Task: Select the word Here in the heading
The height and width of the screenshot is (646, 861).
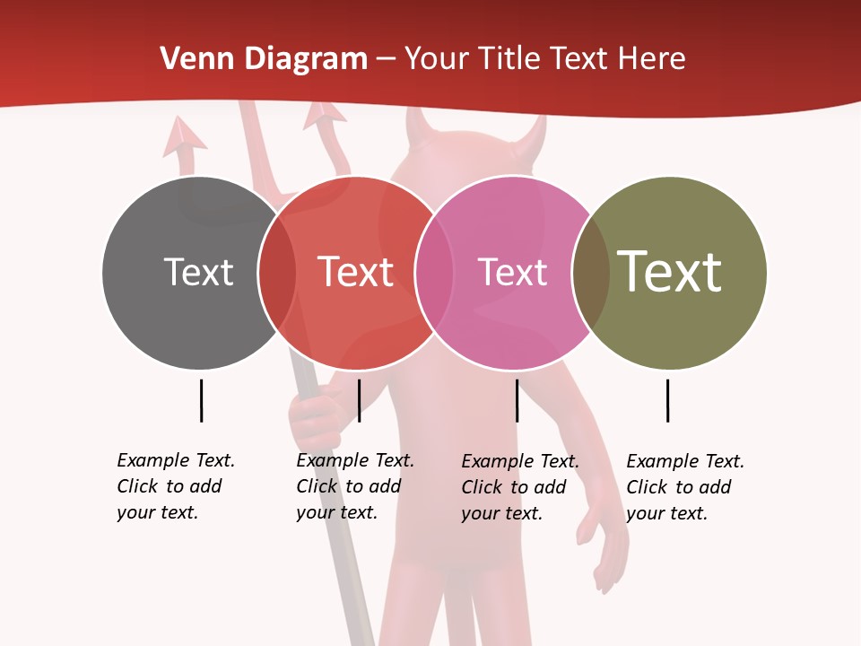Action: [x=654, y=59]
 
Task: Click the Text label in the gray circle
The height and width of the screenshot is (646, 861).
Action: [x=198, y=272]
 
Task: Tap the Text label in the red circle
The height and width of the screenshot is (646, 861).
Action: [x=356, y=272]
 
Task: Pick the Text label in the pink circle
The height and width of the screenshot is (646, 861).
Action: [x=512, y=272]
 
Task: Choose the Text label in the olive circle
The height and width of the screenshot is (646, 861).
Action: [x=669, y=272]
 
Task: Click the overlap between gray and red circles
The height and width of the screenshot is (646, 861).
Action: [x=277, y=273]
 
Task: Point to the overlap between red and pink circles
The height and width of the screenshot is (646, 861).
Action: [x=434, y=273]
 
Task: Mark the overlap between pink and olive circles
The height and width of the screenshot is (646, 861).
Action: [x=591, y=273]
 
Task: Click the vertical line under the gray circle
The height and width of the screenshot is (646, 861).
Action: [x=201, y=400]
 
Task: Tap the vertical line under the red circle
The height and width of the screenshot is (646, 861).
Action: [x=359, y=400]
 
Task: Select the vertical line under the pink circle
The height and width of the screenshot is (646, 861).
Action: [x=517, y=400]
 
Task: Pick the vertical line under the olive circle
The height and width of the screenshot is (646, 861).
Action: [x=667, y=400]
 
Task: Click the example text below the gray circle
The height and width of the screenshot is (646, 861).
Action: [x=176, y=486]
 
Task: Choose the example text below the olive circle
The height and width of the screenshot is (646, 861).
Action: [x=685, y=487]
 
